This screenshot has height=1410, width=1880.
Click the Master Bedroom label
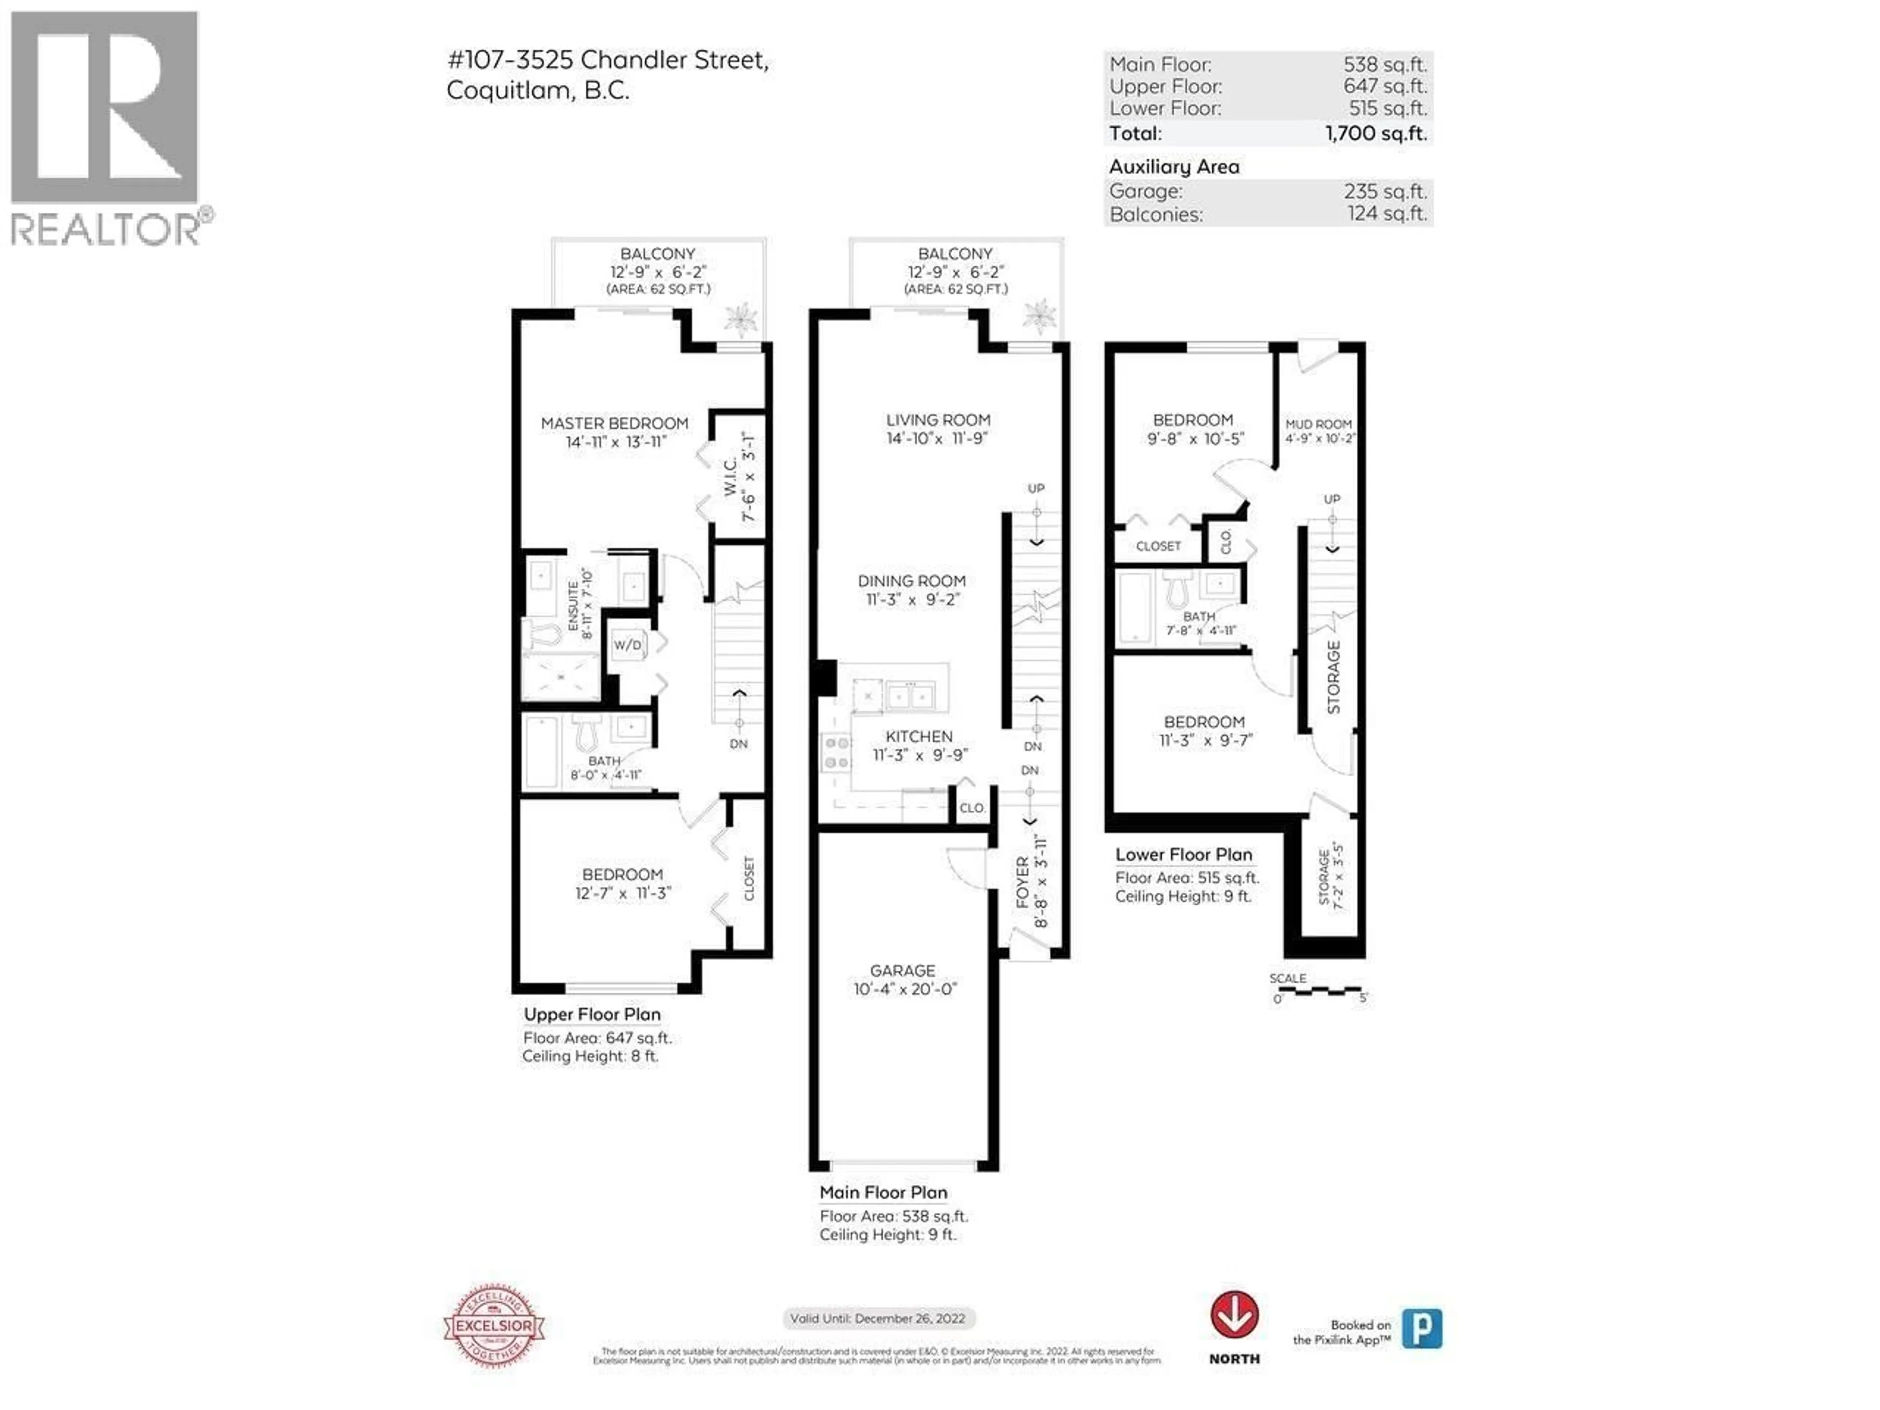tap(614, 423)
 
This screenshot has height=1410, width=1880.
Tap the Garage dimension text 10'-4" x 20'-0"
tap(905, 989)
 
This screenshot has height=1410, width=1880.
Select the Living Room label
tap(939, 420)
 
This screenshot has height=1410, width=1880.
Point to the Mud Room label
tap(1318, 424)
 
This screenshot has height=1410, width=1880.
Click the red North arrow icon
tap(1234, 1316)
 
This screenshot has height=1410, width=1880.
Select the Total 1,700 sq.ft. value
tap(1376, 134)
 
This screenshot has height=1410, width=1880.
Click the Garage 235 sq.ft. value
tap(1386, 191)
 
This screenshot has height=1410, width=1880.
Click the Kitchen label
tap(919, 737)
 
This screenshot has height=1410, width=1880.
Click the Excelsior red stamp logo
tap(494, 1326)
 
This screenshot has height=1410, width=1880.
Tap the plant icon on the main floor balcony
tap(1038, 315)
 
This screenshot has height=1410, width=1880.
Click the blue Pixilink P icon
tap(1422, 1328)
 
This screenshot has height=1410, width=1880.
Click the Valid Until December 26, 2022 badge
tap(878, 1318)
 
